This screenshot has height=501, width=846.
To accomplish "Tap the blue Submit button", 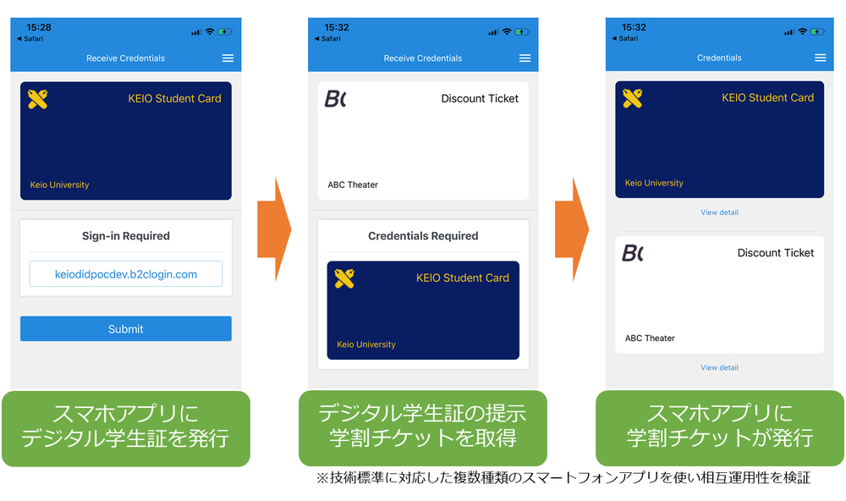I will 125,329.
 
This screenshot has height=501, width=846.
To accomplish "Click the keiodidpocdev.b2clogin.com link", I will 125,274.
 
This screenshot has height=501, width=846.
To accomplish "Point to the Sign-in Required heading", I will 125,236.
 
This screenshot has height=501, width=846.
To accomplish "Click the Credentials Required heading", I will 423,236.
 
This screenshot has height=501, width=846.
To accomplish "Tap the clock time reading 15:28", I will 39,28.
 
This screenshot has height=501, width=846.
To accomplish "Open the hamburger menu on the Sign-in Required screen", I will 227,58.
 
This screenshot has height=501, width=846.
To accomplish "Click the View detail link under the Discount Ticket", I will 719,367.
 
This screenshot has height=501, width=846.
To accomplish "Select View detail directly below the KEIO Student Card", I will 719,212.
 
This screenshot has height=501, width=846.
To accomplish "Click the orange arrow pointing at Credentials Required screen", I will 274,229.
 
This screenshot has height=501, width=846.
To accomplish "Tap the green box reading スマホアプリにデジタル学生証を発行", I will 125,427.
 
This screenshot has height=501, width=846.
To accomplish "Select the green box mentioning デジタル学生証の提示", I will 422,427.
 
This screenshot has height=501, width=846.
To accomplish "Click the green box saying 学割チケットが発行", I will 720,427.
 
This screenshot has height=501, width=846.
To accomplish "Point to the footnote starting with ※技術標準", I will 563,479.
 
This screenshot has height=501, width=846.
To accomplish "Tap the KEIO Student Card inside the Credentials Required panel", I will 423,311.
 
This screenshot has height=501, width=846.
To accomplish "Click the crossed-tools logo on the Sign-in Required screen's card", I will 37,99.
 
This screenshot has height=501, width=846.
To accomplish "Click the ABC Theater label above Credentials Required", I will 353,184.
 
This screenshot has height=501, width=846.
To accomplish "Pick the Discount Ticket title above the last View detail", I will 775,253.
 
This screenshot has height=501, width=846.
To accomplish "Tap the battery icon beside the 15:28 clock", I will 225,31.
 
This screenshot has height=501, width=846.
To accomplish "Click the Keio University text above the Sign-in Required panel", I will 59,184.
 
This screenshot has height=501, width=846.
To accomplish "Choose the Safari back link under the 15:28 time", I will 30,39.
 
